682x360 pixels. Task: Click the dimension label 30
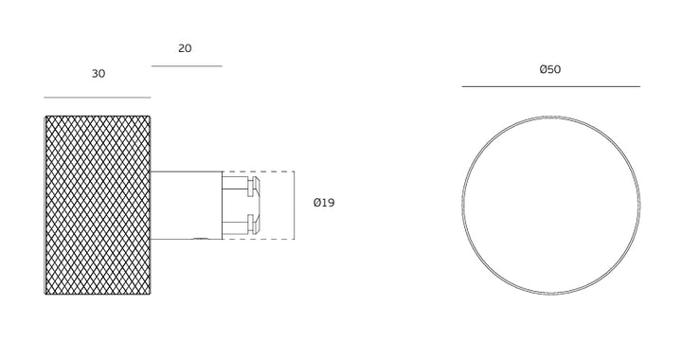[x=99, y=74]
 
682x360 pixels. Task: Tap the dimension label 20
[x=185, y=48]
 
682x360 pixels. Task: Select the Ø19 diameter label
[x=324, y=203]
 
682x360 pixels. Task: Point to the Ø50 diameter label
[x=550, y=69]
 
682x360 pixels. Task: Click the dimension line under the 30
[x=98, y=98]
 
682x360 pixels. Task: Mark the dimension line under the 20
[x=187, y=66]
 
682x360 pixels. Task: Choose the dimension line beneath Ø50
[x=551, y=86]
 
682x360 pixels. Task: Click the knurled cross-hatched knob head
[x=98, y=206]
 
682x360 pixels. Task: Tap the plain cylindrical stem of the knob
[x=187, y=206]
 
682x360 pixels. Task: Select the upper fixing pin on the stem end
[x=241, y=186]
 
